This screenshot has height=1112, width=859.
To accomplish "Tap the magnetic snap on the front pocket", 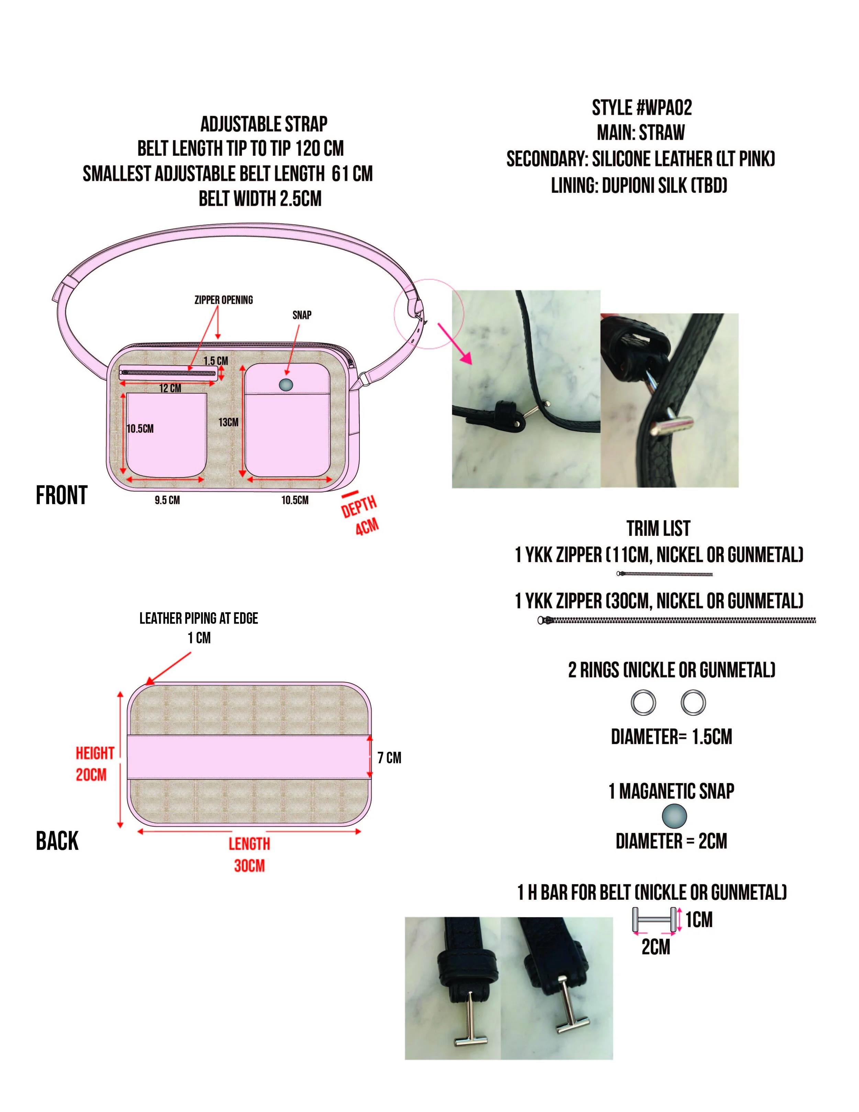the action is tap(287, 384).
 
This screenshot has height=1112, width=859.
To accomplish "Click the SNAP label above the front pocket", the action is tap(302, 315).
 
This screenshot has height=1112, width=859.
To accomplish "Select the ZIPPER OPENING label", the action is tap(223, 300).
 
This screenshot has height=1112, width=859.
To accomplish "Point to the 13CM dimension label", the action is tap(228, 422).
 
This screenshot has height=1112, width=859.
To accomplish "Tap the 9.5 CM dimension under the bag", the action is tap(167, 500).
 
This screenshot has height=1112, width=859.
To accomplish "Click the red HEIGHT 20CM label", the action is tap(94, 764).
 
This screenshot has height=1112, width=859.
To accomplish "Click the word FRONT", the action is tap(62, 495).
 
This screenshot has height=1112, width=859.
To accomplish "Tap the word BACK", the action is tap(57, 841).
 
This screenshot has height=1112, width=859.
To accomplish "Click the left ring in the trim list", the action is tap(643, 703).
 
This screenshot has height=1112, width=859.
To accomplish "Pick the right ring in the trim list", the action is tap(693, 703).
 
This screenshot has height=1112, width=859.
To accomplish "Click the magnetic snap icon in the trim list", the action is tap(674, 816).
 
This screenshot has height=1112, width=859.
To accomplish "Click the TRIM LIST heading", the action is tap(658, 529).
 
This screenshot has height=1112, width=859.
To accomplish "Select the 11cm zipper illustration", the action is tap(664, 574).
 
